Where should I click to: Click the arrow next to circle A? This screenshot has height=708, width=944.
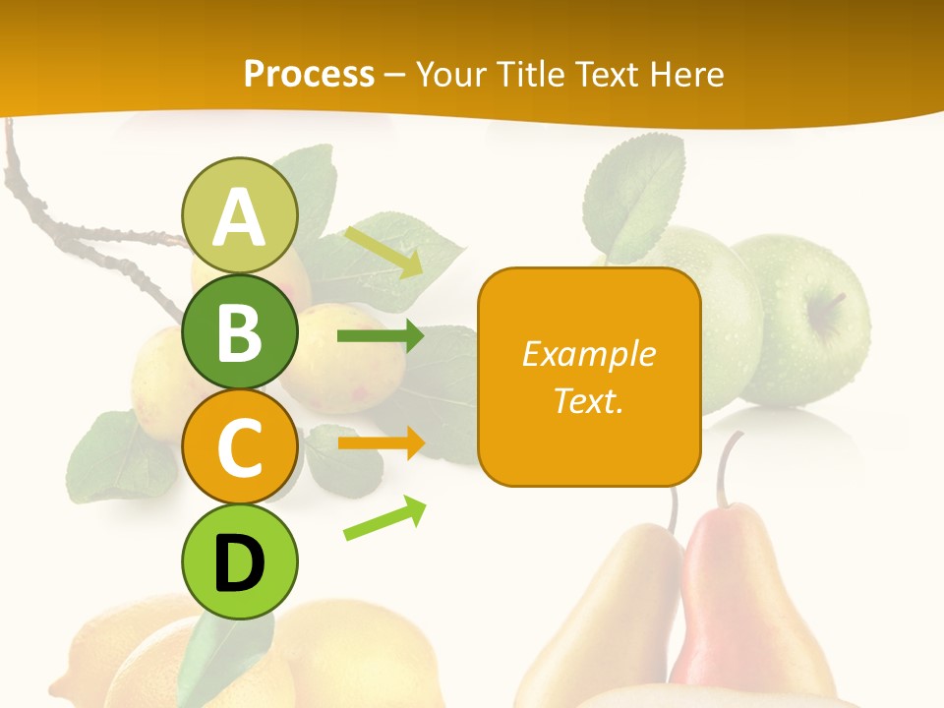[x=383, y=252]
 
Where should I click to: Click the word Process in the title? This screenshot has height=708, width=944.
[x=309, y=74]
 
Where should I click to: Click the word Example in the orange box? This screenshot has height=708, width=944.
[x=588, y=354]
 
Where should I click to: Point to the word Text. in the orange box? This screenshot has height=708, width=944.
[x=588, y=400]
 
